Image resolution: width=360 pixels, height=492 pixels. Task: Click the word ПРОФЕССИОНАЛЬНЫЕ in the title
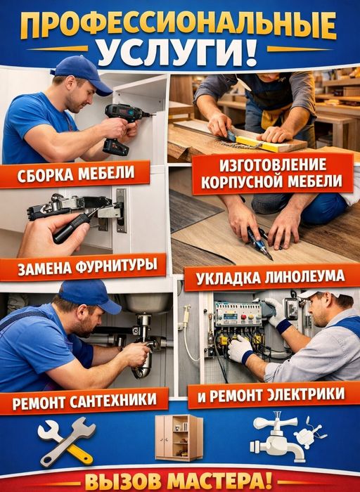click(179, 26)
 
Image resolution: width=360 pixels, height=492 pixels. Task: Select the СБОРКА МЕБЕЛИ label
click(76, 174)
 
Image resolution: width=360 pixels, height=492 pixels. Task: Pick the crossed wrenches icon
click(67, 441)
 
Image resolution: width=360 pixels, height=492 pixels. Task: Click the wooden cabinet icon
click(179, 438)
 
